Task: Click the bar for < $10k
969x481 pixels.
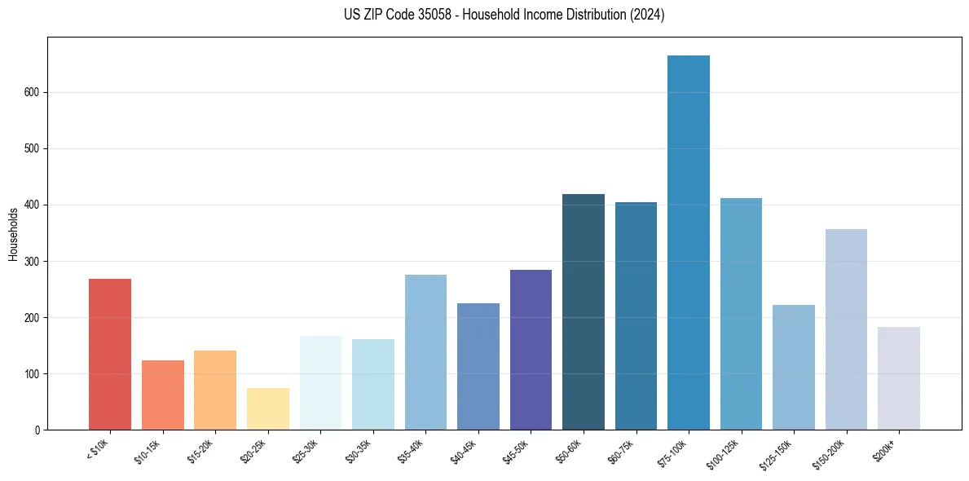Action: [110, 355]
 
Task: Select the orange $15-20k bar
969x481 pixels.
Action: [215, 391]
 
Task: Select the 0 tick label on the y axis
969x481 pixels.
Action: [37, 430]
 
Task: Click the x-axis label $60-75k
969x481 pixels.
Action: [621, 450]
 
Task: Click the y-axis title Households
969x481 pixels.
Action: [14, 234]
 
